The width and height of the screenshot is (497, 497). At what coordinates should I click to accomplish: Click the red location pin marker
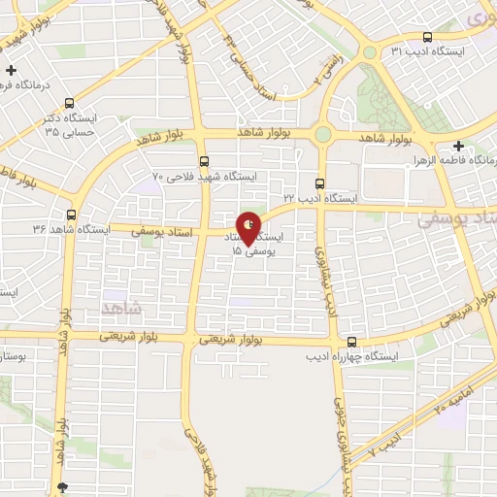click(x=249, y=228)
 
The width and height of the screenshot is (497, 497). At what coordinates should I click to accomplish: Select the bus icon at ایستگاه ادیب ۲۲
click(x=320, y=183)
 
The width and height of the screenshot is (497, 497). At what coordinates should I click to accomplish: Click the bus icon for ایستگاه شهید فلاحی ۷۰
click(x=203, y=161)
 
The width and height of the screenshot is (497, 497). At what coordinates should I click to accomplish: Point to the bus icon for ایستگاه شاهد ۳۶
click(x=71, y=214)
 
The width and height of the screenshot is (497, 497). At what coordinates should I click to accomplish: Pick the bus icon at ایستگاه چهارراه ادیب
click(x=351, y=342)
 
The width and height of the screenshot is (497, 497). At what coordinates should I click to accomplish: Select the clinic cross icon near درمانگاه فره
click(x=11, y=71)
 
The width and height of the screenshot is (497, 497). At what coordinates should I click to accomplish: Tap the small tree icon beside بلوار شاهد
click(x=64, y=486)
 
